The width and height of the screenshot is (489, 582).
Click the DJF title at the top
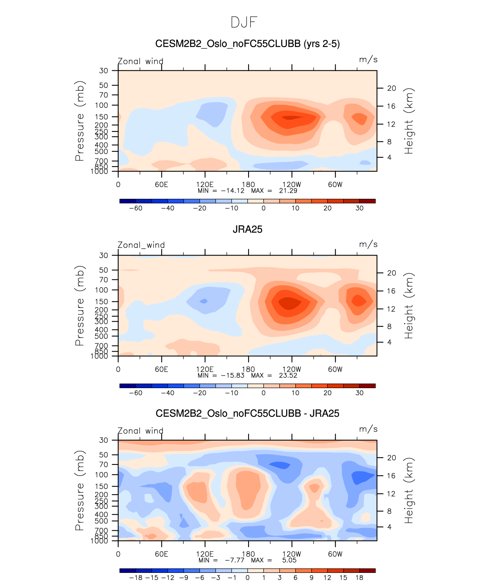point(244,22)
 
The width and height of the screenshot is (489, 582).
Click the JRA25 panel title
point(247,229)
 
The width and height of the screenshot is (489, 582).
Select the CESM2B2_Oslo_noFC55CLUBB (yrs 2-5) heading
point(247,44)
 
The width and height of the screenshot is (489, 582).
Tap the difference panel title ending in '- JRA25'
point(247,413)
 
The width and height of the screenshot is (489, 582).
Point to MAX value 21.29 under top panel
point(288,191)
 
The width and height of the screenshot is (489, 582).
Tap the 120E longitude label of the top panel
point(205,185)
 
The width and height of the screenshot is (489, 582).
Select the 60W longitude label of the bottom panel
point(335,554)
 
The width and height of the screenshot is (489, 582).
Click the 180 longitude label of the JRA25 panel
point(248,369)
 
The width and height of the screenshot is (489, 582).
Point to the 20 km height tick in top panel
point(392,88)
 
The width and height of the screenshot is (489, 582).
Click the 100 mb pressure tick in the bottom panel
point(102,475)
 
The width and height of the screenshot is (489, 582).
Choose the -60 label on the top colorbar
point(135,208)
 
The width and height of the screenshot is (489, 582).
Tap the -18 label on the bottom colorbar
point(135,578)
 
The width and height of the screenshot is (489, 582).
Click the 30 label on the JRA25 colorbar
point(359,393)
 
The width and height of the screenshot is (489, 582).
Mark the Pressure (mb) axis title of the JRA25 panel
point(80,306)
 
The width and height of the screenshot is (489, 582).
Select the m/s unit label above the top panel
point(368,60)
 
